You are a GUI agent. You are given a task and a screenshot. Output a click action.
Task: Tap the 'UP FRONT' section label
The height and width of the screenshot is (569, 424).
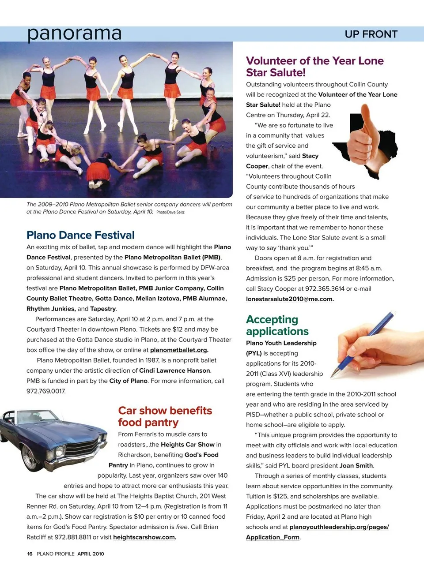(x=371, y=34)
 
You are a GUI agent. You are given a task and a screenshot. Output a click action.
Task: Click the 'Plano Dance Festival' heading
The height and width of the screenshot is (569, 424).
(x=80, y=235)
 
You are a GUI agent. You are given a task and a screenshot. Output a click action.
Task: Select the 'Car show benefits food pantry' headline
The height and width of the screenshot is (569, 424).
(x=165, y=416)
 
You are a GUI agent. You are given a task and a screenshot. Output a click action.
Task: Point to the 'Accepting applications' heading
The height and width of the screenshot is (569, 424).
(x=277, y=325)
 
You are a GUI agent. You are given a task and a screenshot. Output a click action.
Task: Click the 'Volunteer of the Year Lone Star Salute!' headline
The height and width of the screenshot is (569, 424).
(x=314, y=67)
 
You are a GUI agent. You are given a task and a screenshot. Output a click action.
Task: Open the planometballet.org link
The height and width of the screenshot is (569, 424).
(x=178, y=350)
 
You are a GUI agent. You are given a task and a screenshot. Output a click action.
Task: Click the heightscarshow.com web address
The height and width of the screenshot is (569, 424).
(x=144, y=537)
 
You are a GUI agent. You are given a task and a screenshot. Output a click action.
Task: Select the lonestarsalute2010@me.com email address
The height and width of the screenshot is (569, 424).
(x=289, y=299)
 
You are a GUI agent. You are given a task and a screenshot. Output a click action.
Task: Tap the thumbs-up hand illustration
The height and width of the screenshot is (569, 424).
(x=362, y=137)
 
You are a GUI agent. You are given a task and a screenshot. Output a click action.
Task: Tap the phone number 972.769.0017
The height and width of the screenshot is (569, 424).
(x=45, y=391)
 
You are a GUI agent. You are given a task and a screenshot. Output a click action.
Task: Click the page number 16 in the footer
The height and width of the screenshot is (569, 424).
(x=30, y=554)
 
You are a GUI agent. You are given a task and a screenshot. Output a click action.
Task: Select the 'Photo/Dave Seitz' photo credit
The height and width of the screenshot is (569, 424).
(x=170, y=212)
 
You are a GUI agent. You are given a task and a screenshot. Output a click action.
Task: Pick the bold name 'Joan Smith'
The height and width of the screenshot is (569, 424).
(x=356, y=465)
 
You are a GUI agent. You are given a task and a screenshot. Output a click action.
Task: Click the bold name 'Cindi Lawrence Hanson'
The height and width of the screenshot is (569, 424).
(x=175, y=371)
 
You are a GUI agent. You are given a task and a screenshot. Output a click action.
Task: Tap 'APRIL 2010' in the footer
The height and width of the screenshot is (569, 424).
(x=91, y=554)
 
